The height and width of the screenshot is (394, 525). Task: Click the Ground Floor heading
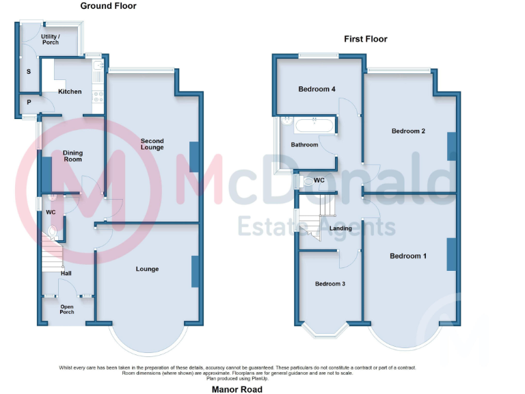tap(108, 6)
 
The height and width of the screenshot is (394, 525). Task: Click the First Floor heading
tap(365, 39)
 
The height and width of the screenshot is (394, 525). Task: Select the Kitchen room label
tap(70, 92)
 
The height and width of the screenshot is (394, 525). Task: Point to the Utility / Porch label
tap(51, 39)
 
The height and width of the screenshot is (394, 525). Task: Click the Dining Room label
tap(72, 156)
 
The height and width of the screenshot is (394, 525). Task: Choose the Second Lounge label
tap(152, 144)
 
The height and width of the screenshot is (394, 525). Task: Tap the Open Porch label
tap(67, 309)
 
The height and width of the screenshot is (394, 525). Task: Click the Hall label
tap(66, 274)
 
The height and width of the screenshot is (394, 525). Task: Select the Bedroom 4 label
tap(317, 89)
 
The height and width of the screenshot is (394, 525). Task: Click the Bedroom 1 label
tap(408, 256)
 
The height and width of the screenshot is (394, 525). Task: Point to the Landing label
tap(340, 228)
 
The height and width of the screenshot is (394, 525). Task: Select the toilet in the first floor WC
tap(308, 181)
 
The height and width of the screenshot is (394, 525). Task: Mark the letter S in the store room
tap(29, 71)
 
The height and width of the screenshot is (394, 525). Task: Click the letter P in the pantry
tap(29, 103)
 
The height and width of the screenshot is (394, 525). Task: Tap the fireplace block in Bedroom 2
tap(451, 146)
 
